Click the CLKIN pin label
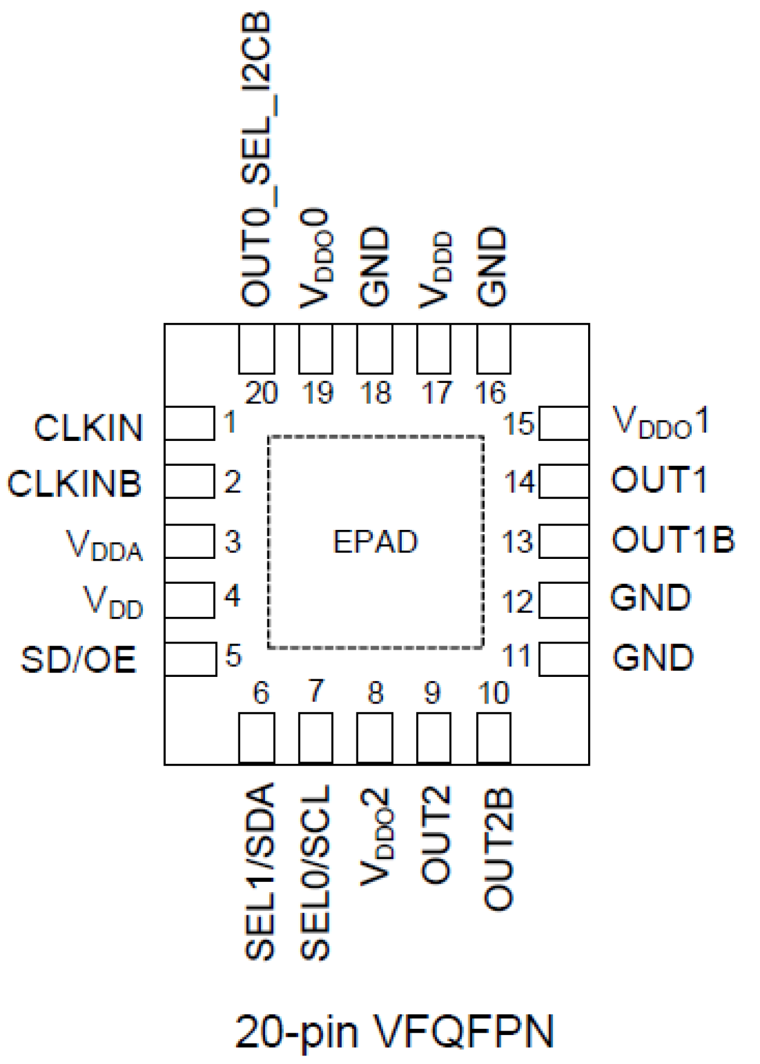coord(88,428)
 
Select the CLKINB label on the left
coord(74,484)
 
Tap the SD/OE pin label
coord(79,659)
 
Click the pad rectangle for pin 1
coord(189,423)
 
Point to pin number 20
coord(261,394)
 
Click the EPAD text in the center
coord(375,542)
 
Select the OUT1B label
coord(673,540)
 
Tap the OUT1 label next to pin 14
coord(659,480)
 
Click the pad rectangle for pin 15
coord(563,423)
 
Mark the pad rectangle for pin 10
coord(494,737)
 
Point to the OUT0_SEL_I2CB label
coord(257,158)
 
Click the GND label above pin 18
coord(374,266)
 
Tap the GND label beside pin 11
coord(653,658)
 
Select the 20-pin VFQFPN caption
coord(394,1031)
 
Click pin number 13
coord(517,542)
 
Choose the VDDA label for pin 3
coord(105,545)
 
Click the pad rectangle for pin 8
coord(375,737)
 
